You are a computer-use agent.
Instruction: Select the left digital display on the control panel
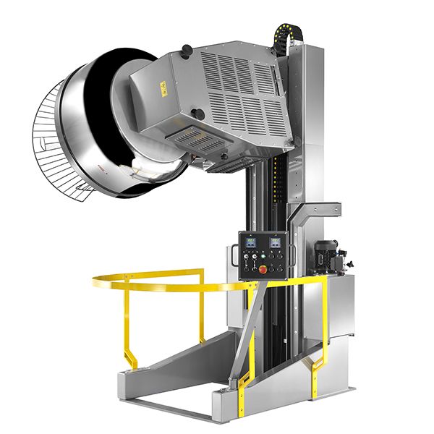tap(252, 242)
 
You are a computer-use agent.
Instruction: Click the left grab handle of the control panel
tap(233, 256)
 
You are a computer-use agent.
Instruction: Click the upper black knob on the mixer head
tap(187, 49)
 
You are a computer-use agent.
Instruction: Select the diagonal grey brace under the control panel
tap(246, 325)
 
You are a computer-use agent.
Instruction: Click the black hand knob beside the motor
tap(343, 255)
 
